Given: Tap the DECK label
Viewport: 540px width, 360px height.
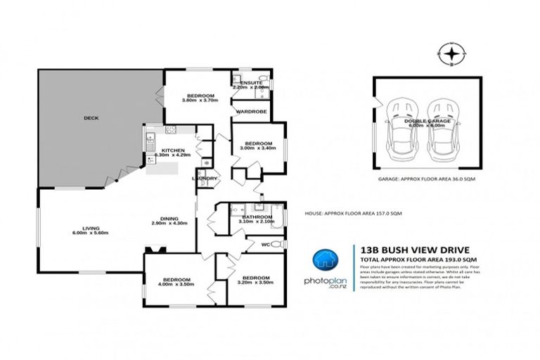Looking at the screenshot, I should point(90,117).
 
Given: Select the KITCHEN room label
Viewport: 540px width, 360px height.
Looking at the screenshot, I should point(173,150).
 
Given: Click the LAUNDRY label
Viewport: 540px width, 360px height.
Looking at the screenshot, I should point(206,178).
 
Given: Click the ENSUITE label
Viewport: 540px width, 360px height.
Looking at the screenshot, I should point(251,83).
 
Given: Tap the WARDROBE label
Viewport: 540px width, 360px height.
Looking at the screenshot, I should point(249,111).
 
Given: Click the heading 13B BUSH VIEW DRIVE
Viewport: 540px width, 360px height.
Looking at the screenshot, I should point(400,249).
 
